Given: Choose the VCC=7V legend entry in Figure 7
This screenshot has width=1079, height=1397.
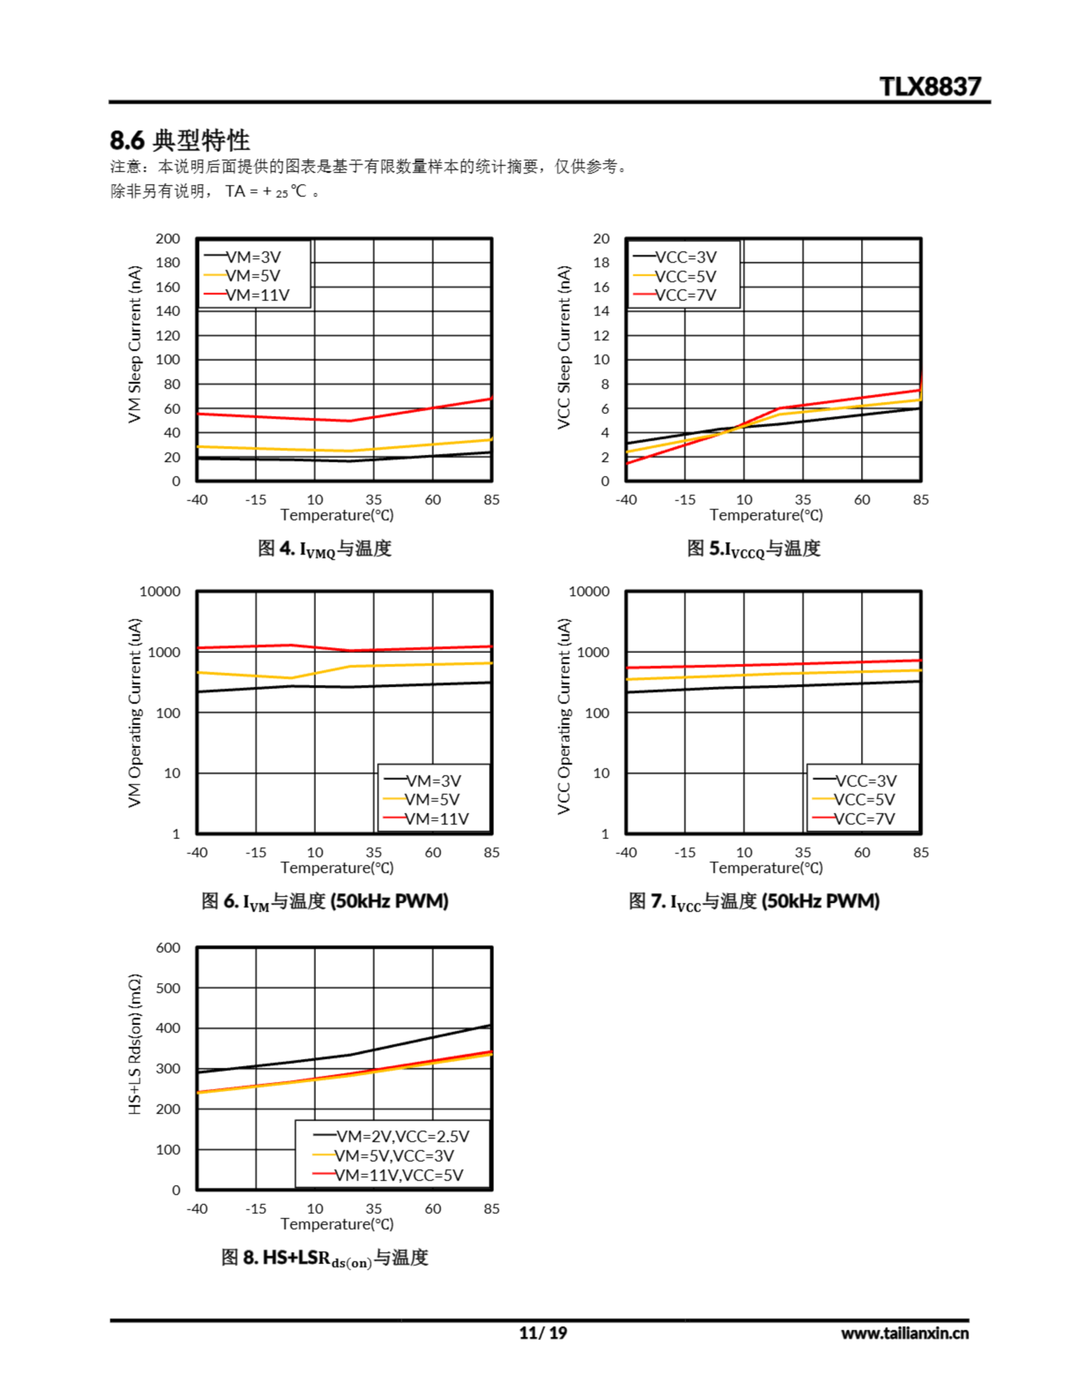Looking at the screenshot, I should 864,819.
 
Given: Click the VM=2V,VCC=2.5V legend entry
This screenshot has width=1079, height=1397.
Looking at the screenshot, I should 402,1136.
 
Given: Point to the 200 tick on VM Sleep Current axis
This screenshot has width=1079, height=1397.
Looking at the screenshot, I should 167,238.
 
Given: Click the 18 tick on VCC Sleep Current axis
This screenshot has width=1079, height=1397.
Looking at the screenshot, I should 601,263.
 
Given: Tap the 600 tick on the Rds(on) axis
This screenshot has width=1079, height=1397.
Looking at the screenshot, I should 168,948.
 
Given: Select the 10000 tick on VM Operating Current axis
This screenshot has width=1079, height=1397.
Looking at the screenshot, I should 160,592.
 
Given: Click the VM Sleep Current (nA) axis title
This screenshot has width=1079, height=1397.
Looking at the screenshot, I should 134,344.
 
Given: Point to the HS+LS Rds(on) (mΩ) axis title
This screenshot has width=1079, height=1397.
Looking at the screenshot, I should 134,1044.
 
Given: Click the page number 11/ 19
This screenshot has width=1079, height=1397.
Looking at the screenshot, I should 542,1333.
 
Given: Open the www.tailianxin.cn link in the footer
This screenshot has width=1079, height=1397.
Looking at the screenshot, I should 904,1334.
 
